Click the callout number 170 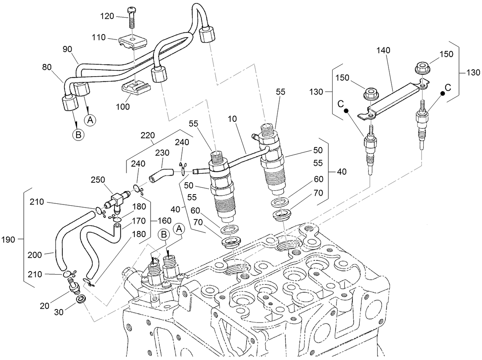(138, 221)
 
